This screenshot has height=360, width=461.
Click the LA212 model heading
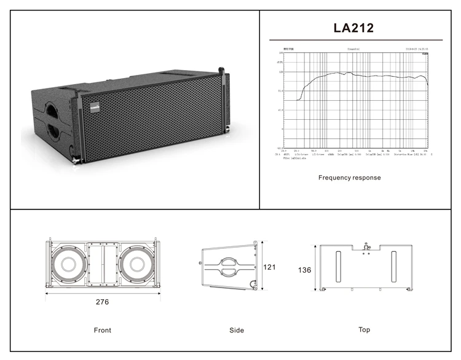click(x=353, y=28)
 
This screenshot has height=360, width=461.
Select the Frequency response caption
click(x=349, y=178)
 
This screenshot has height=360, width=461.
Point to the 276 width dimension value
click(x=102, y=302)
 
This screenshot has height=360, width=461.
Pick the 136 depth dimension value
click(x=305, y=270)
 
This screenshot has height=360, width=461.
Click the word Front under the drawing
click(x=103, y=330)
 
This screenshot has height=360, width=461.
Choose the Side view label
click(x=237, y=330)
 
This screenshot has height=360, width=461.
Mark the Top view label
click(x=364, y=329)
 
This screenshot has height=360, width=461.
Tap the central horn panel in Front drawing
click(x=103, y=264)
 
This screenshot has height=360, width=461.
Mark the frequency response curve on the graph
click(x=363, y=76)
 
